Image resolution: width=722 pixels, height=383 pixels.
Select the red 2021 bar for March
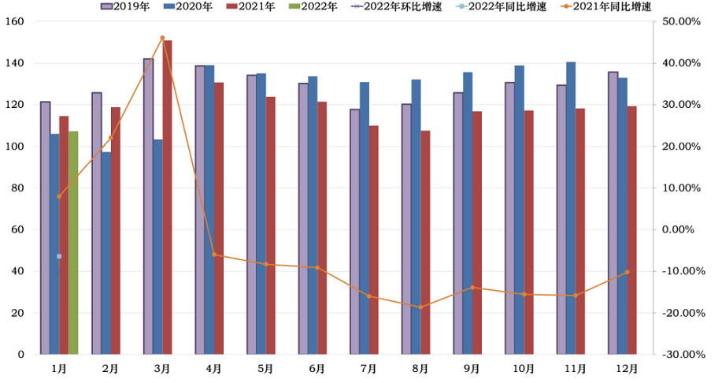(x=167, y=197)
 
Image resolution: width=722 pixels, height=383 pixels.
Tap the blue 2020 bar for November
(x=571, y=208)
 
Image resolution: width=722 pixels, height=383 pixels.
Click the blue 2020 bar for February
(x=106, y=253)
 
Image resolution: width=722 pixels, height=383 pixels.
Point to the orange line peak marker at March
(x=162, y=38)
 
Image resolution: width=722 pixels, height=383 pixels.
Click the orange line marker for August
(x=420, y=307)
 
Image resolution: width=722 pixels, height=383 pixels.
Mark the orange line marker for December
(x=627, y=272)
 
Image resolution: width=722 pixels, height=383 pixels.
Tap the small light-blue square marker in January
(x=59, y=256)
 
